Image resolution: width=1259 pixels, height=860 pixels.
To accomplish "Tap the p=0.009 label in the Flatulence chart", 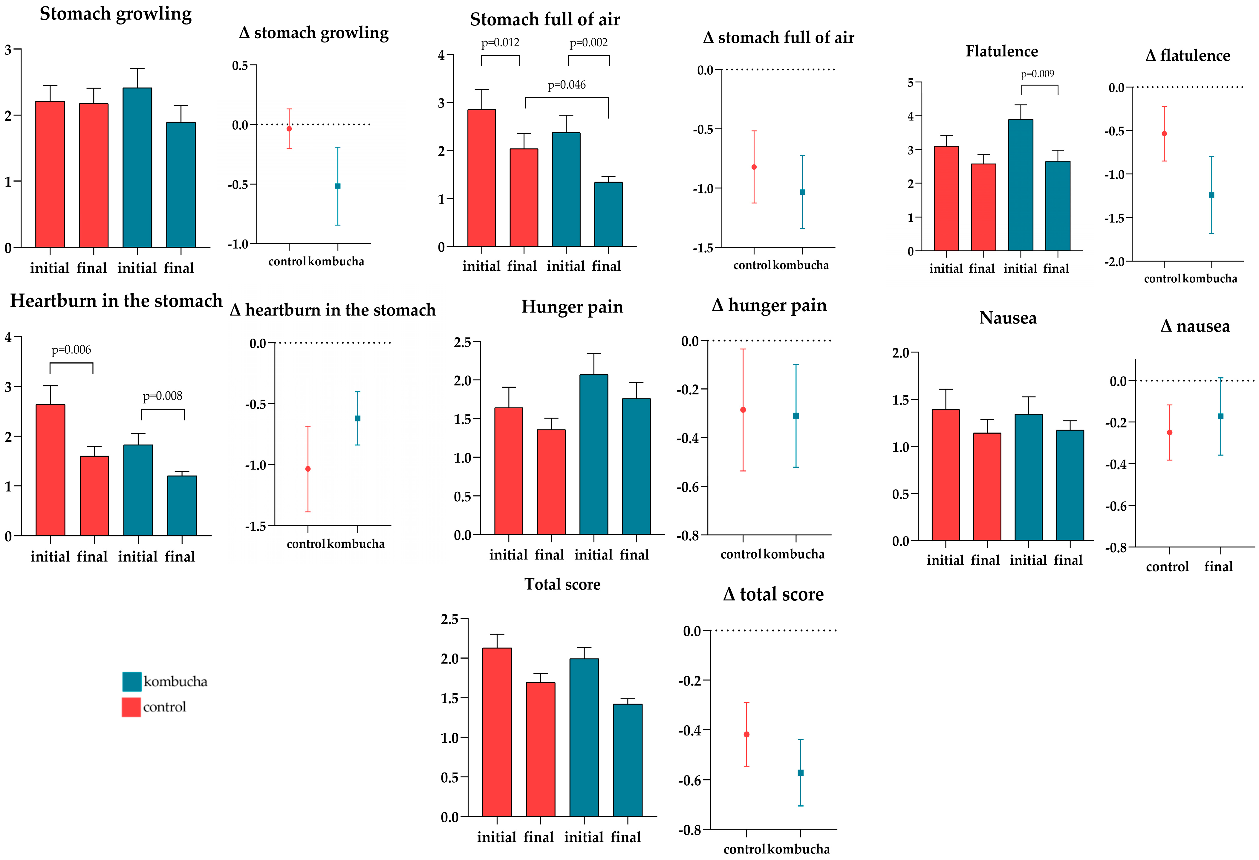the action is click(x=1038, y=74).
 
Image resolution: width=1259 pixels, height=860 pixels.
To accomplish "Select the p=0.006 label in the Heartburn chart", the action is click(x=71, y=350).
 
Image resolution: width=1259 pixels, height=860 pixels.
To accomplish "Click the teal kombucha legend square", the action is click(x=132, y=681).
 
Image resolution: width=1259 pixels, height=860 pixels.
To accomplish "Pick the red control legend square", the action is click(x=131, y=707).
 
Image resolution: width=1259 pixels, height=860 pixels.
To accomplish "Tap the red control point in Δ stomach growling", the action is click(x=289, y=129).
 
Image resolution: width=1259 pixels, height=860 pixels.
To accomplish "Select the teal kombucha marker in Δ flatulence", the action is click(x=1211, y=195).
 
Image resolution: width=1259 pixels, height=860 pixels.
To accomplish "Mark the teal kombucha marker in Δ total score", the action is click(x=800, y=773).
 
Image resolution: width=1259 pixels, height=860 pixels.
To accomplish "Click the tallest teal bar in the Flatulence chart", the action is click(x=1021, y=185).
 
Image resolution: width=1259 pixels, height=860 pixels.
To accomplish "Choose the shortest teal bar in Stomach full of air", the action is click(x=608, y=214).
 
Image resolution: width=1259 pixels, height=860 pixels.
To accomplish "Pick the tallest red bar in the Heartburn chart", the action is click(x=51, y=470).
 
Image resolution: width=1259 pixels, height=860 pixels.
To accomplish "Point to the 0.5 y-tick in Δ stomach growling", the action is click(x=240, y=65).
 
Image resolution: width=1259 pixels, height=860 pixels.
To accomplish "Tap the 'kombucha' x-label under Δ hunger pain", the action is click(x=794, y=554).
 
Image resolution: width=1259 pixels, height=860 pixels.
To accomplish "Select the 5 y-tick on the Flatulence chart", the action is click(x=911, y=82).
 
